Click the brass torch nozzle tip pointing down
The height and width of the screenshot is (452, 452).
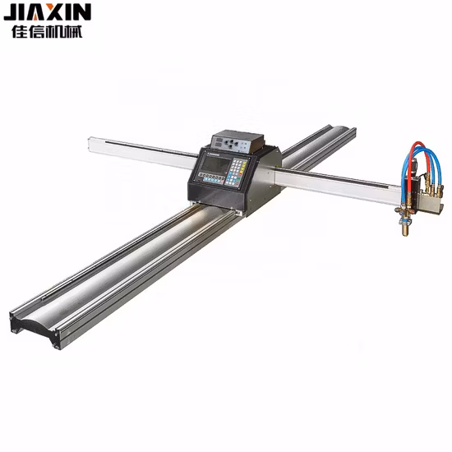click(404, 234)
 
